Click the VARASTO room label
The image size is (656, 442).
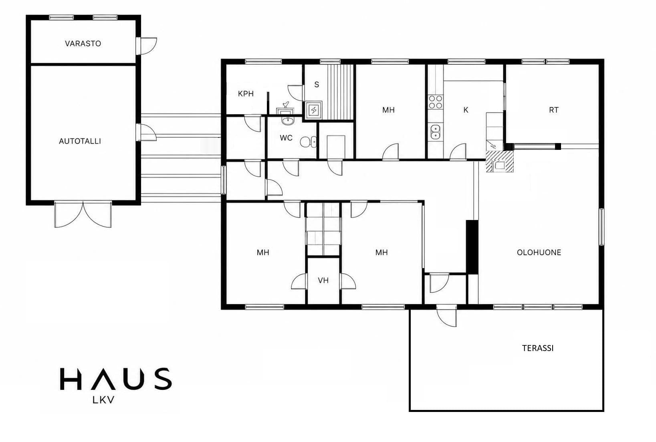[x=83, y=44]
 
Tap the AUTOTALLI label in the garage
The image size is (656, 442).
[x=80, y=141]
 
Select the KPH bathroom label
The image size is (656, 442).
[x=246, y=94]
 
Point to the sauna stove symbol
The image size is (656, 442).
[x=314, y=110]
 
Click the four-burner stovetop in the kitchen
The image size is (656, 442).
[x=436, y=102]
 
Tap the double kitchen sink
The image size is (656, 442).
[x=435, y=132]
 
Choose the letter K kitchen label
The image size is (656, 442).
[x=466, y=110]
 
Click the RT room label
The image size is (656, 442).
[x=553, y=110]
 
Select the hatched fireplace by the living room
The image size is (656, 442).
[x=500, y=161]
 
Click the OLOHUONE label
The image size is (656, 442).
[x=539, y=252]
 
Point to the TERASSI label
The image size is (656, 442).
[x=538, y=348]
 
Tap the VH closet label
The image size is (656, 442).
[x=323, y=281]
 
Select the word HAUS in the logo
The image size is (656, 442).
[x=116, y=379]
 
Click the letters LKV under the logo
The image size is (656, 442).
[x=103, y=400]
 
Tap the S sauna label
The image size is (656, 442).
[x=317, y=85]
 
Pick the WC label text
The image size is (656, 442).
[x=286, y=138]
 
